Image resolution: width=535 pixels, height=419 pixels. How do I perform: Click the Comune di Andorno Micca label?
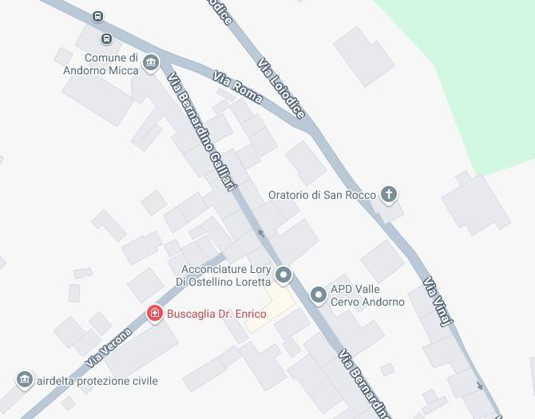point(101,64)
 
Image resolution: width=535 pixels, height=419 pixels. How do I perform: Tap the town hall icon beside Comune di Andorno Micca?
point(152,63)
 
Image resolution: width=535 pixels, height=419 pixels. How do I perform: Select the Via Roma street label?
point(237,89)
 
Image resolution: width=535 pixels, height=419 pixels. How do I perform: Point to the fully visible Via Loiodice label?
point(282,88)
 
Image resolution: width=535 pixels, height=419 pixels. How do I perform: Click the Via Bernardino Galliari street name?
point(202,132)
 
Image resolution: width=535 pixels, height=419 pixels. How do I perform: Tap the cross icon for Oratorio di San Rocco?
point(389,194)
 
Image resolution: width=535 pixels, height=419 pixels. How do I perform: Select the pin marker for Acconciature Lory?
point(283,276)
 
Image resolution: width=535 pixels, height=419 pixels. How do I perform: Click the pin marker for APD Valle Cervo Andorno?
point(319,295)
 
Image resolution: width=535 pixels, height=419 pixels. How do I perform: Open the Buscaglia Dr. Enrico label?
point(216,314)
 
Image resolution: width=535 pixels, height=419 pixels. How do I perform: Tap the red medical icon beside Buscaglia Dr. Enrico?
point(155,314)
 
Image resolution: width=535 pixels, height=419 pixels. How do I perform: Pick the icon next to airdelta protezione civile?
point(25,379)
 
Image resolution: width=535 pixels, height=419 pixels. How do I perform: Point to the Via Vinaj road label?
point(438,301)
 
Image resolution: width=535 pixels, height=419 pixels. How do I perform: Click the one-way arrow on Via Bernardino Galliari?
point(261,234)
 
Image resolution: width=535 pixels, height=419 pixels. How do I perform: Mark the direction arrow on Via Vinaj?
point(479,385)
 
